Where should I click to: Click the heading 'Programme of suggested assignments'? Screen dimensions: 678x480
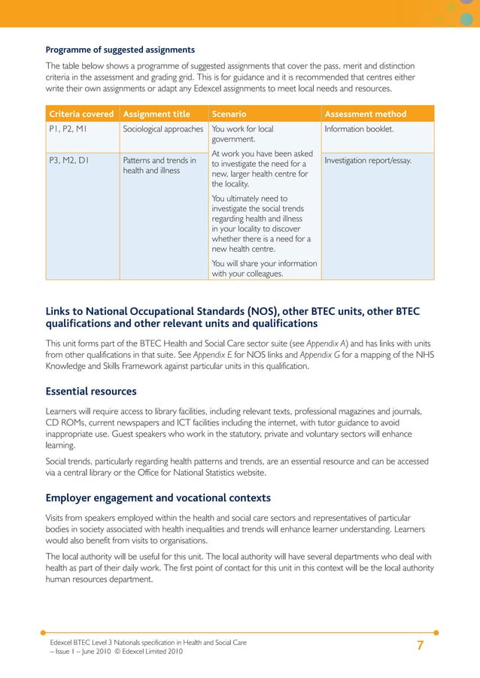120,50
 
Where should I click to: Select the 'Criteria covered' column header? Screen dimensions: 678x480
81,114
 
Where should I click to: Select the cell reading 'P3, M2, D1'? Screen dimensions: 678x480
68,160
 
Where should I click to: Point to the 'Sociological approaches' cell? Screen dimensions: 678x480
163,129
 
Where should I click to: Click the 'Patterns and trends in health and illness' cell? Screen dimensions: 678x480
159,165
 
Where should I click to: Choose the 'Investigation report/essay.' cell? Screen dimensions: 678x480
368,160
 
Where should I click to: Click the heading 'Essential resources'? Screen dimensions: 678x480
91,391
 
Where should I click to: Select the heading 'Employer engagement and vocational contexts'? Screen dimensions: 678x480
158,498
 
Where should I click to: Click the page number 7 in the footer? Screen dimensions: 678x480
420,646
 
